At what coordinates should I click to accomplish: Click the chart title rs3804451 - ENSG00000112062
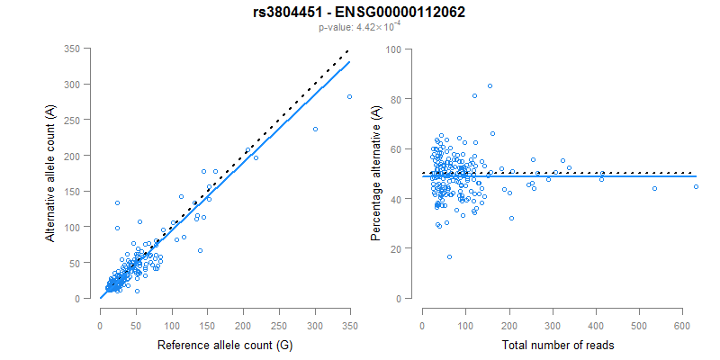[359, 12]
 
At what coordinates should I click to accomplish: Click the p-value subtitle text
[359, 27]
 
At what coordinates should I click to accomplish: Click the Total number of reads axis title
[559, 346]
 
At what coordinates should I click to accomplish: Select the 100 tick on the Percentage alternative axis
[392, 49]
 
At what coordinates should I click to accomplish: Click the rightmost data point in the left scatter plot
[349, 97]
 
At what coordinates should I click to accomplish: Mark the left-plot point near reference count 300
[315, 129]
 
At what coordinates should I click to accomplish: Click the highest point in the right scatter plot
[490, 86]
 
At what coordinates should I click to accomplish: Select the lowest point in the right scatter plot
[449, 256]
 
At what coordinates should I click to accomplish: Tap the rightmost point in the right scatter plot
[696, 186]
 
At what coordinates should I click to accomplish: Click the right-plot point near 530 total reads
[654, 188]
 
